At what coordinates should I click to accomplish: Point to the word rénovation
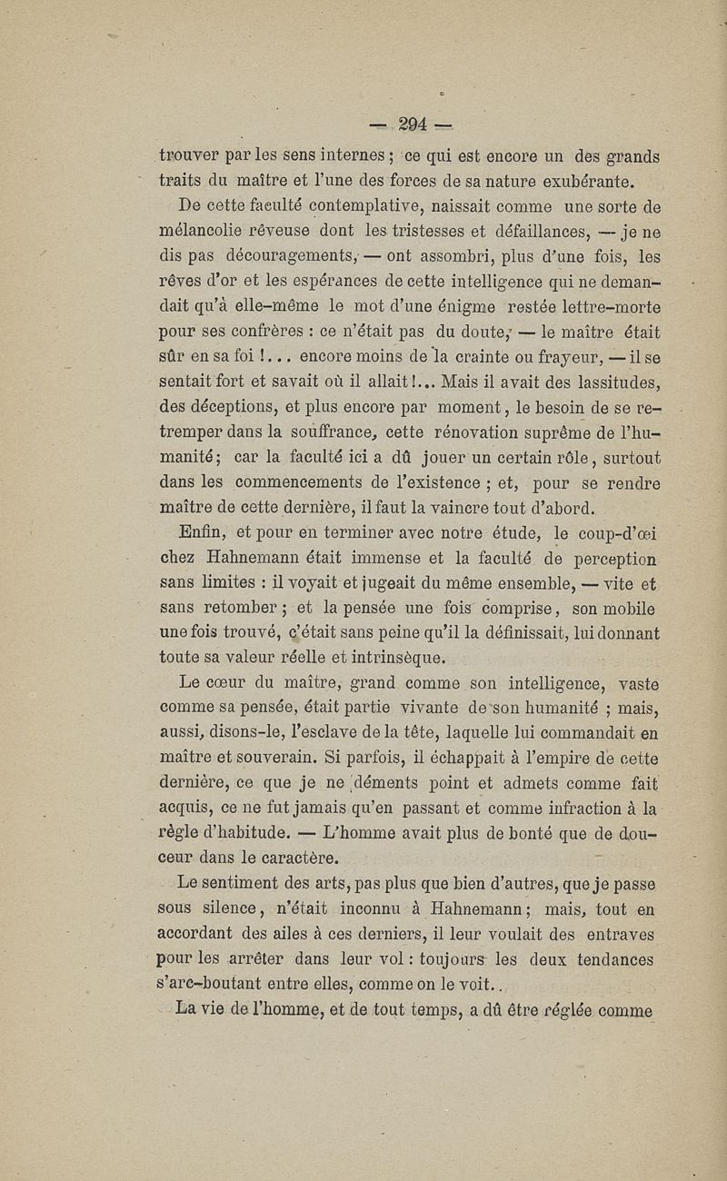tap(498, 432)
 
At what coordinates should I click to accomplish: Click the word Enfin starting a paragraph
tap(204, 534)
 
